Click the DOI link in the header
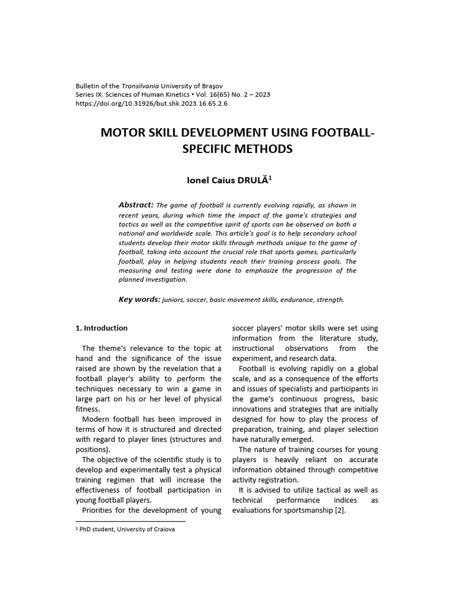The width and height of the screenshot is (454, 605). (x=152, y=103)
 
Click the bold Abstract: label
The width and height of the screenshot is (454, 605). (x=136, y=204)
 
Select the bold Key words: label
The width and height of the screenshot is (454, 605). (x=140, y=300)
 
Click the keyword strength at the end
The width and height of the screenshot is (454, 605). (x=330, y=300)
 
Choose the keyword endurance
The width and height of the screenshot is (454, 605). (x=296, y=300)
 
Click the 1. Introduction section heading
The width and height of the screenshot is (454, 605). (x=102, y=328)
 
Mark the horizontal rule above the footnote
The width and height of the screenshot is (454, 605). (x=131, y=522)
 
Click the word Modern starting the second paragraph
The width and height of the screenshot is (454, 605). (x=96, y=419)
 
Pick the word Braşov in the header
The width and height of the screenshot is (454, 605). (x=211, y=86)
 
